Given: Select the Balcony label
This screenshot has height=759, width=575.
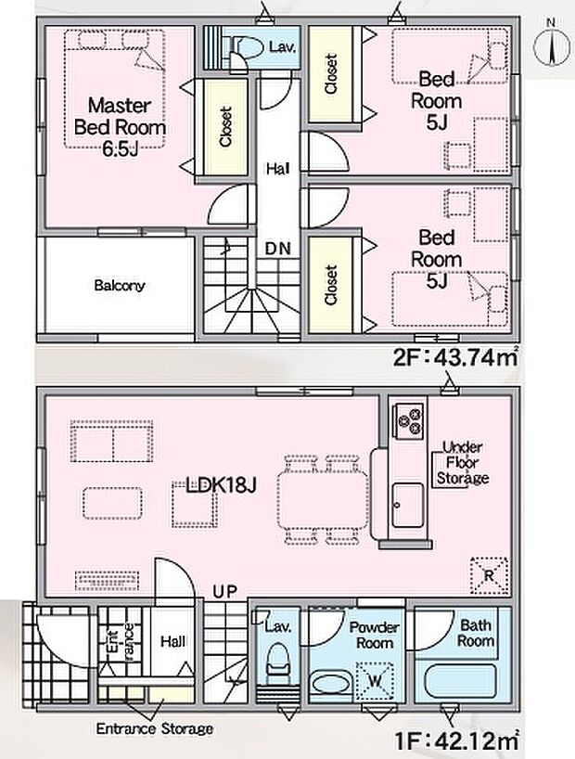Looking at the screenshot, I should pos(119,286).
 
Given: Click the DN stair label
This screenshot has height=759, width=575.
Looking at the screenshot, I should pos(275,249).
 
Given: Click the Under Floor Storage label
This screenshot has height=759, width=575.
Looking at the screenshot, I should pos(465,461).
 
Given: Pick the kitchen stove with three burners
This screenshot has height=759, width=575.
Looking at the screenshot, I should pos(408,420).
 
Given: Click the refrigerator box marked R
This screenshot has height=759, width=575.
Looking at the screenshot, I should pos(488,572).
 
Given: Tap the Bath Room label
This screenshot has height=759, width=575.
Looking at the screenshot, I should pos(475,633).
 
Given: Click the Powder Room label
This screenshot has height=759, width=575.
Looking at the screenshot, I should pos(375,635).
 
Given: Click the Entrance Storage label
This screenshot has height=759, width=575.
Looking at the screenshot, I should pos(155,729).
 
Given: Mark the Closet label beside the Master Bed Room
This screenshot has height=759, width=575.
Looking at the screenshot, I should pos(225,127).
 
